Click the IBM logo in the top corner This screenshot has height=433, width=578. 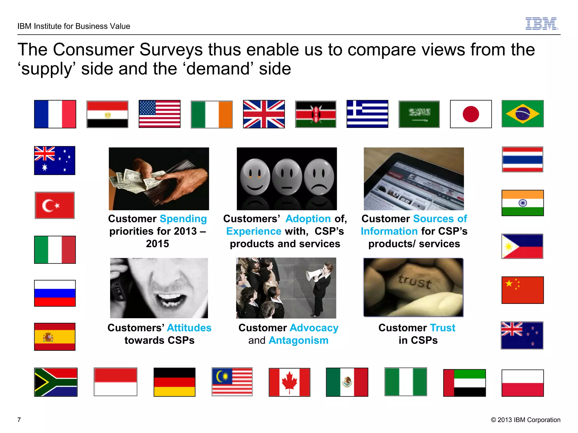click(541, 23)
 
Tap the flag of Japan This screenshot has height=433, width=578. click(471, 114)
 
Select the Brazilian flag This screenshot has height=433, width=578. click(522, 114)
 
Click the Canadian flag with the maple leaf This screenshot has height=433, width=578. click(289, 382)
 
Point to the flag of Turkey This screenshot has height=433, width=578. click(55, 205)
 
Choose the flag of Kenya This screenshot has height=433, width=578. click(316, 114)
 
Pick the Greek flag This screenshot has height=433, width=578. click(367, 114)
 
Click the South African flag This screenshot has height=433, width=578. click(56, 382)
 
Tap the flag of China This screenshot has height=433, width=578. click(522, 290)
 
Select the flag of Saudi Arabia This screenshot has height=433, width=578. click(419, 114)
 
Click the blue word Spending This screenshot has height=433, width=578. click(183, 219)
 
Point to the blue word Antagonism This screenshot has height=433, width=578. click(298, 340)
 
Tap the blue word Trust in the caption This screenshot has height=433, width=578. click(443, 328)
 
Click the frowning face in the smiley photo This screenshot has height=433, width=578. click(319, 177)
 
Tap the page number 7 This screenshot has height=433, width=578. click(19, 420)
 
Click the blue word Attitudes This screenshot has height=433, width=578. click(189, 328)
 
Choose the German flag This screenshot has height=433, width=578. click(174, 382)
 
